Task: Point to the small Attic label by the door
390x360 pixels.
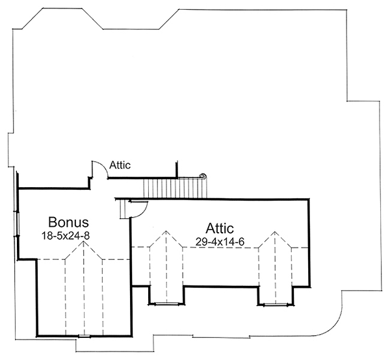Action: pos(120,165)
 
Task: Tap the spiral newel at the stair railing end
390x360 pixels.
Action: pos(202,176)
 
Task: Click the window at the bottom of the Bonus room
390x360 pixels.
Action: pos(84,336)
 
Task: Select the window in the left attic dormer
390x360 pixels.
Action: pos(166,303)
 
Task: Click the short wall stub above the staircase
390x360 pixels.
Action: pos(177,168)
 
